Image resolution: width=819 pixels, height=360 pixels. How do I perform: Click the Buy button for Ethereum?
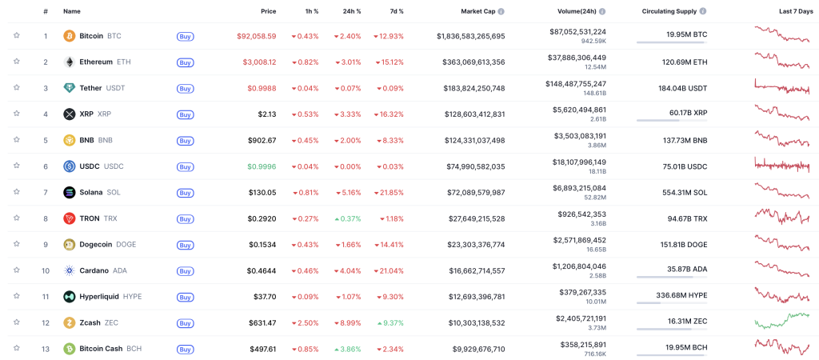pos(185,62)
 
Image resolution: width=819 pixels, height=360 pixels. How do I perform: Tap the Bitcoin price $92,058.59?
pos(256,36)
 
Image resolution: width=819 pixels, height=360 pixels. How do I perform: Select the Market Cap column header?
pos(478,11)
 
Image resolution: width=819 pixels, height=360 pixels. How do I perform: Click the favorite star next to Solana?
pos(16,192)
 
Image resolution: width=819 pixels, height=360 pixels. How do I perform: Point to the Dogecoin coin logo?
pos(70,245)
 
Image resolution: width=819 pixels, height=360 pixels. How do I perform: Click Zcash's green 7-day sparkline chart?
pos(781,322)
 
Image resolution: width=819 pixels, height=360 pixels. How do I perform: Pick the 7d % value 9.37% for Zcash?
pos(390,323)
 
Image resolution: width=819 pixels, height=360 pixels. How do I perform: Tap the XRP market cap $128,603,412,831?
pos(470,114)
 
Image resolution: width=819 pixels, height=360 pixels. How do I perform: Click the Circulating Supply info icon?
pos(703,11)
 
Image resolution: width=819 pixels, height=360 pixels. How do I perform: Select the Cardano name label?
pos(94,270)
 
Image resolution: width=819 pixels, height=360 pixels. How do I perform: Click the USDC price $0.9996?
pos(261,166)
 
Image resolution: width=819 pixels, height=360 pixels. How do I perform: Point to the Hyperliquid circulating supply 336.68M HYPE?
pos(677,295)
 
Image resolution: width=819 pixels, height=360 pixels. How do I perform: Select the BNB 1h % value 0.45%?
pos(305,140)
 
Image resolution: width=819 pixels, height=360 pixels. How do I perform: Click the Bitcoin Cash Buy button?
pos(185,350)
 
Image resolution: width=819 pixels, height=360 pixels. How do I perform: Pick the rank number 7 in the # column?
pos(46,192)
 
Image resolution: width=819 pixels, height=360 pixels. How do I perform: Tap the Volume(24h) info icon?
pos(602,11)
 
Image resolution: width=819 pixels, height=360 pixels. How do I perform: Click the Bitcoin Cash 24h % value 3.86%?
pos(347,349)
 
